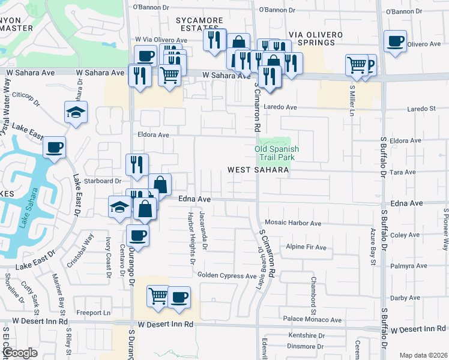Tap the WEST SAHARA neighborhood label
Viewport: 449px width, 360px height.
click(x=259, y=170)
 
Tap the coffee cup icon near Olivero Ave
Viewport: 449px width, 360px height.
click(x=395, y=41)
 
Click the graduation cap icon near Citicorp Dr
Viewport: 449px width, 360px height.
click(x=76, y=112)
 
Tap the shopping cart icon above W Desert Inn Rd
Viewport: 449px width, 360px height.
click(x=157, y=295)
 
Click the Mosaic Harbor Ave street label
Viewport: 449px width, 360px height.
click(x=293, y=223)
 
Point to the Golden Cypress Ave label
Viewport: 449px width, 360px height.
click(x=227, y=276)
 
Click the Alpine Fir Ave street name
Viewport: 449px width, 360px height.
click(x=306, y=247)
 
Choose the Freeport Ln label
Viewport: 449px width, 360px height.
click(x=94, y=313)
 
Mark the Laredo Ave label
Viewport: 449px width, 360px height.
click(x=282, y=107)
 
